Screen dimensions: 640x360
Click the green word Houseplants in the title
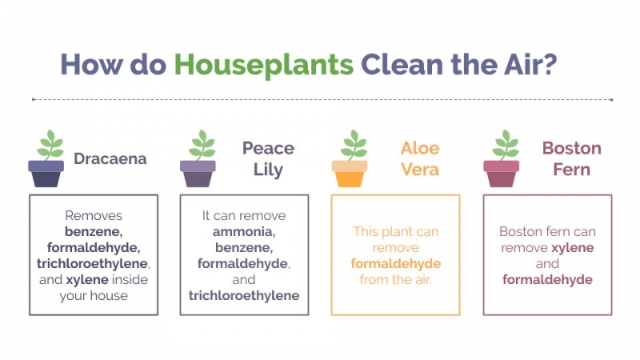264,66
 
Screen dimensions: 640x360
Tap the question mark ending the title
550,64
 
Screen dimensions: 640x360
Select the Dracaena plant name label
110,158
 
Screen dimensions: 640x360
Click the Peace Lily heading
268,159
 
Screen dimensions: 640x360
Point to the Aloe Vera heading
420,158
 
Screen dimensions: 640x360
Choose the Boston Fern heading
571,158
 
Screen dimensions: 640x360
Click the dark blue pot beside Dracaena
46,174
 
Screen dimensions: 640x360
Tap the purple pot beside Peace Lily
198,174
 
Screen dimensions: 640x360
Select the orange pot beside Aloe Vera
350,174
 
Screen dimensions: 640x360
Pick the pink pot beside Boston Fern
502,174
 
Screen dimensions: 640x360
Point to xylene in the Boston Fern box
573,248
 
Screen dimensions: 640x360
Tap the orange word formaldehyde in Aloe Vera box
395,264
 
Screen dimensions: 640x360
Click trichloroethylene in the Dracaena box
92,264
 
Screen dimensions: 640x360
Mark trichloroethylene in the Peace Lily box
244,295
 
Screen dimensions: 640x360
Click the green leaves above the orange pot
354,145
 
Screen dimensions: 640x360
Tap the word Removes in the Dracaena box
94,215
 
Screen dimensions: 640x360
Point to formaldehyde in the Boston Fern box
547,279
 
